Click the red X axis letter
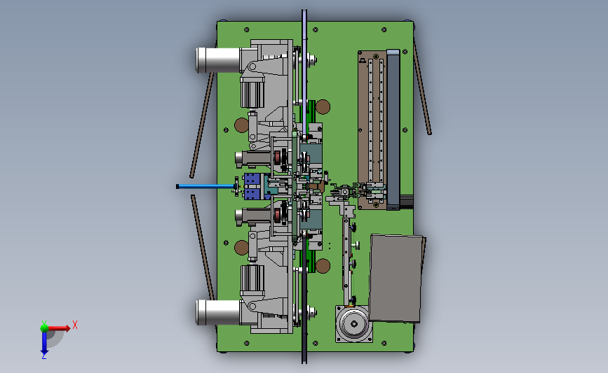click(75, 325)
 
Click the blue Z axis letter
click(43, 356)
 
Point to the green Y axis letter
click(44, 323)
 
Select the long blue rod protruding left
click(206, 186)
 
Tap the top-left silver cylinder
click(218, 60)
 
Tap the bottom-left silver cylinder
click(218, 312)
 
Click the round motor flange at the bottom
click(353, 324)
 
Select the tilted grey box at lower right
click(396, 279)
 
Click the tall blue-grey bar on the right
click(393, 129)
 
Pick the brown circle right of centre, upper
click(323, 107)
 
